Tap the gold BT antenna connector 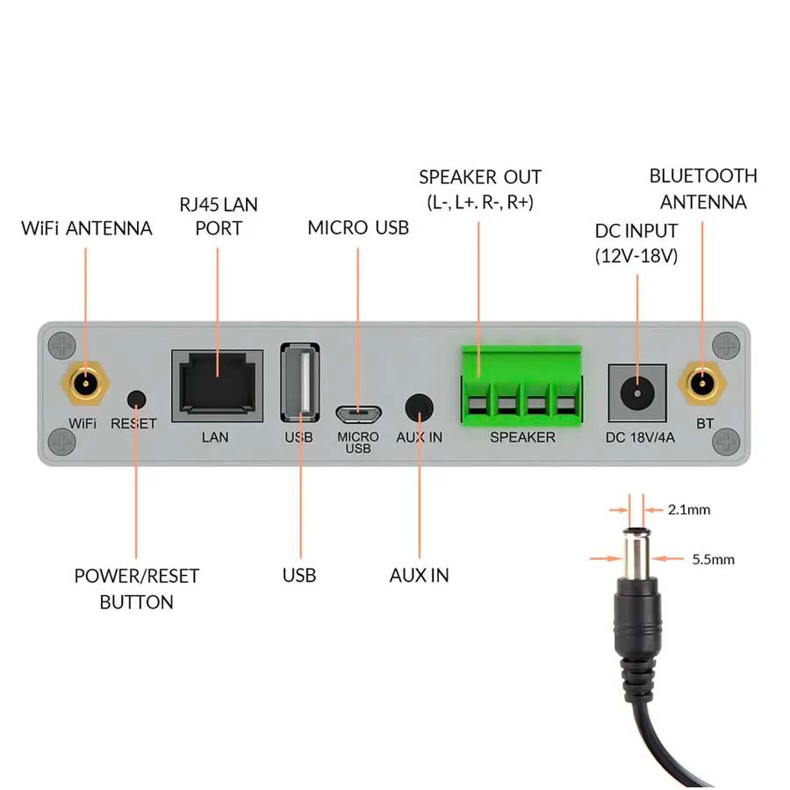[702, 384]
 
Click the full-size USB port [299, 383]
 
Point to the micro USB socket [357, 411]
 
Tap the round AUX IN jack [419, 407]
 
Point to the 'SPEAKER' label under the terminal [522, 437]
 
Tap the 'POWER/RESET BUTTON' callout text [136, 589]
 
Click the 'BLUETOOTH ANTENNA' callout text [703, 189]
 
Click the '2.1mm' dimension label [688, 509]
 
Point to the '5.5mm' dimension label [713, 559]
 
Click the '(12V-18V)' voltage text [636, 256]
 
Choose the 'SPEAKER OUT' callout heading [480, 177]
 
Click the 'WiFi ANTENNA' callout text [87, 229]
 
